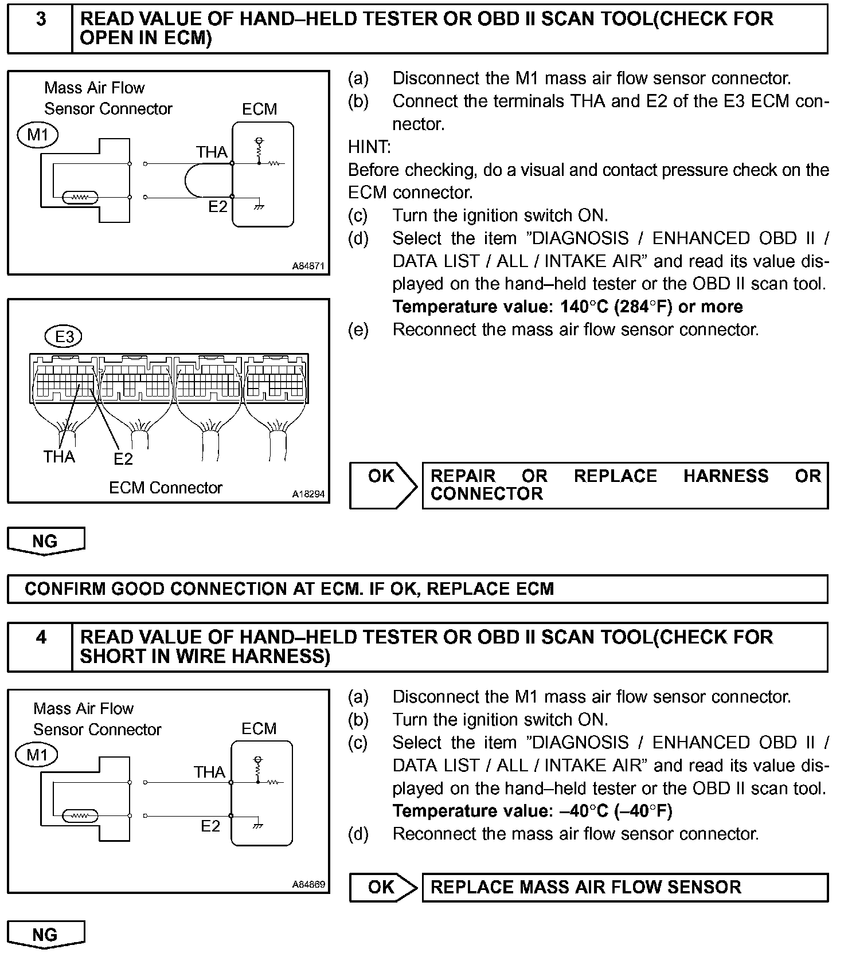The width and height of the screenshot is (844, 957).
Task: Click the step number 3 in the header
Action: point(41,19)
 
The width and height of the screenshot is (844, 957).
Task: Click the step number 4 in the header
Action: point(41,637)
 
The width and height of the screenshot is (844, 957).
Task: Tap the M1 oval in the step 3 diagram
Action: point(38,135)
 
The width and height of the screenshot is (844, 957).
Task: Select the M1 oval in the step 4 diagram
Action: point(38,755)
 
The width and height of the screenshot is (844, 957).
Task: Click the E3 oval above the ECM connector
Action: point(64,337)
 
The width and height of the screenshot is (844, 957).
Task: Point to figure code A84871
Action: point(308,266)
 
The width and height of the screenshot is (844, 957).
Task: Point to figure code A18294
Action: point(308,494)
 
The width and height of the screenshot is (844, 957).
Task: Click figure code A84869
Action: point(308,884)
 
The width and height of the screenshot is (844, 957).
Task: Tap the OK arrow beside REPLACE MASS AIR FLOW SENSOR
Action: point(383,887)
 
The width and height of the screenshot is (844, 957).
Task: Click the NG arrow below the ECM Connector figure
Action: point(45,541)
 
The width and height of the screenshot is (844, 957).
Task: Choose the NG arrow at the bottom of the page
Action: point(45,935)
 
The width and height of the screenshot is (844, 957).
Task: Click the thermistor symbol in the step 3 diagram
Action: point(81,198)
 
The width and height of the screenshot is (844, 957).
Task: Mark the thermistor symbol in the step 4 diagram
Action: point(80,815)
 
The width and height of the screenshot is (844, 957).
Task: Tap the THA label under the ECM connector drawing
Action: point(59,457)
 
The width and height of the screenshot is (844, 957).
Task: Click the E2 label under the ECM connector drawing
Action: point(123,459)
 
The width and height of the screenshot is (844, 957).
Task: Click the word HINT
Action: point(369,147)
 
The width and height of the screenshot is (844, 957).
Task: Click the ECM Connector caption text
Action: point(165,488)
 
